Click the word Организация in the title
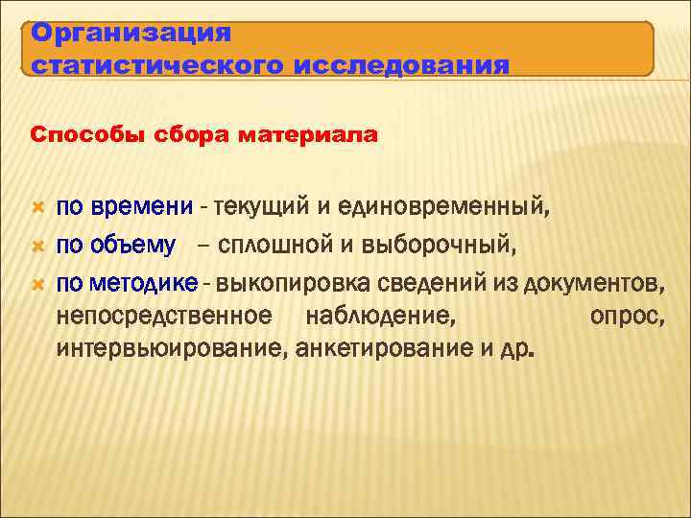(x=131, y=33)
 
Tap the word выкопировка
(x=293, y=284)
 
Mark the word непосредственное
(x=164, y=316)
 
